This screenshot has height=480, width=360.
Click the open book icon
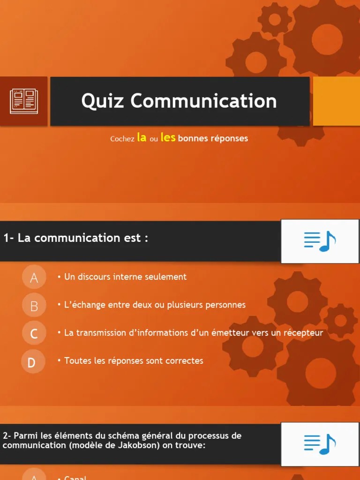(24, 101)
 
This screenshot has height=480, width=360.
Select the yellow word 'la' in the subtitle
(142, 137)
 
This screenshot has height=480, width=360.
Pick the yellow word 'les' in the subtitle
(168, 137)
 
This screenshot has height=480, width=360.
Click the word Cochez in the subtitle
(122, 139)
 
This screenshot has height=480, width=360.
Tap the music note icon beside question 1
(320, 241)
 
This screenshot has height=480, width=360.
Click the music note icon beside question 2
(320, 443)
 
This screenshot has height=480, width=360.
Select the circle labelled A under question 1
(34, 277)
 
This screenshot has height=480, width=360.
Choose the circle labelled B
(34, 306)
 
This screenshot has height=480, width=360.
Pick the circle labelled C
(34, 334)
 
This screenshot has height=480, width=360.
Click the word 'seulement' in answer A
(166, 277)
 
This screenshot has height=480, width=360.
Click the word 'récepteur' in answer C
(304, 333)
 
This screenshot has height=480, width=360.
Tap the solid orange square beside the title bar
(336, 101)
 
